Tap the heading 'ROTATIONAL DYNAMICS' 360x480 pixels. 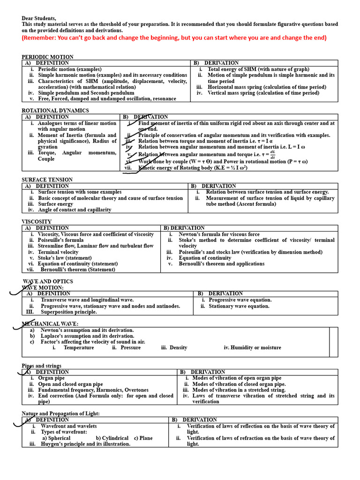click(55, 111)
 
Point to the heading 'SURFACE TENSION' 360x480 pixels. click(47, 180)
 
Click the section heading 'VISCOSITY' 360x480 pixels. click(37, 222)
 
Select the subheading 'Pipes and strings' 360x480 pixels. click(42, 366)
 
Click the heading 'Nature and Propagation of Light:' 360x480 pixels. click(61, 413)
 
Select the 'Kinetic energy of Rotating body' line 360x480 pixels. click(193, 167)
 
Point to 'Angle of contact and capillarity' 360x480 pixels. click(75, 210)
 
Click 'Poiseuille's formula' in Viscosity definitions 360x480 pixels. click(61, 240)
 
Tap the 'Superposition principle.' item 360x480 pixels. click(68, 312)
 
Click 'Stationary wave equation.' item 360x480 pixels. click(239, 306)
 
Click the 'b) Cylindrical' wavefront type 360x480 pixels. click(112, 438)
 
